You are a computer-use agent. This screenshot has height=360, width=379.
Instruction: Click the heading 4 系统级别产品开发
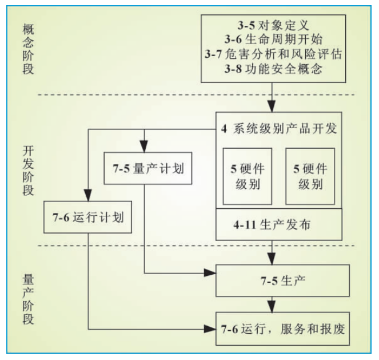(278, 128)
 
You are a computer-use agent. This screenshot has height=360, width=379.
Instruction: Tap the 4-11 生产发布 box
(278, 224)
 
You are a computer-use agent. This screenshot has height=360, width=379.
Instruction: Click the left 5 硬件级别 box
(246, 176)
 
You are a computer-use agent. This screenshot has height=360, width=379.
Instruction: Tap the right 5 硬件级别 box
(309, 176)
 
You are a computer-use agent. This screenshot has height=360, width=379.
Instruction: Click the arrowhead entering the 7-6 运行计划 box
(89, 197)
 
